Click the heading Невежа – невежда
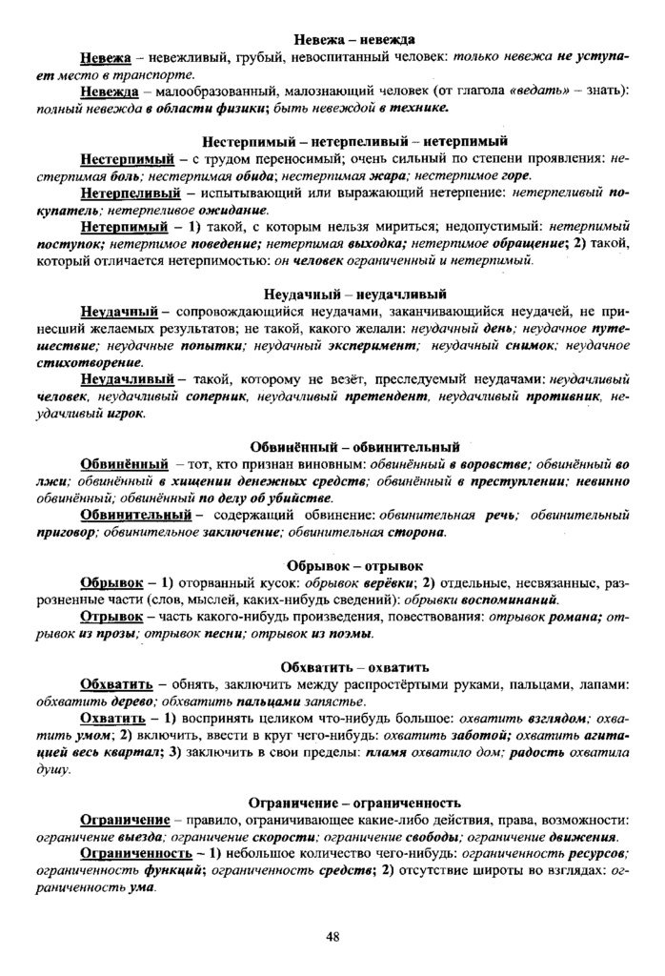click(353, 39)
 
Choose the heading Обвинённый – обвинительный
click(354, 446)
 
